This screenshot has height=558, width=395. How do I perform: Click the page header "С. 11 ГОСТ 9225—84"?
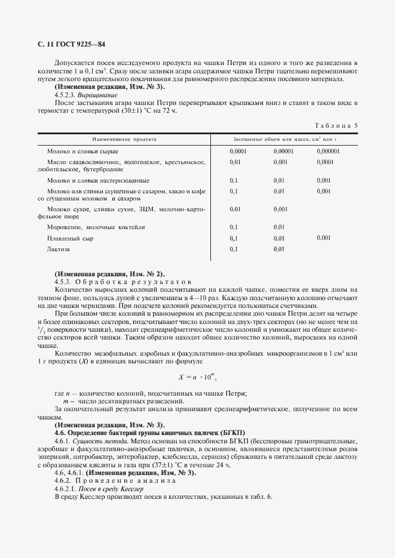(x=68, y=45)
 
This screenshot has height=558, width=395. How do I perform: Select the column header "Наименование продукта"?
(x=124, y=138)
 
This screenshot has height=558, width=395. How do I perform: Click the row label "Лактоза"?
(x=59, y=249)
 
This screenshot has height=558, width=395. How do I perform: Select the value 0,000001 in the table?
(x=328, y=152)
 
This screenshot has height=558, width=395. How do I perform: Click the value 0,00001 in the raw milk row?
(x=284, y=152)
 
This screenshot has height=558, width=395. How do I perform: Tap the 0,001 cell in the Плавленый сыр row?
(x=323, y=238)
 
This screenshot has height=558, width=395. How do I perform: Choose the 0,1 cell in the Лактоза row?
(x=234, y=249)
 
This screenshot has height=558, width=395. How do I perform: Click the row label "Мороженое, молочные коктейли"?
(x=96, y=227)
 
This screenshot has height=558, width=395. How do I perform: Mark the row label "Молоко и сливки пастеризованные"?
(x=98, y=180)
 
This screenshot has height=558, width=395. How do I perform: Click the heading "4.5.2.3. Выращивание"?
(x=86, y=95)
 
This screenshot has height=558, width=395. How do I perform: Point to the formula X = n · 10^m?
(x=197, y=377)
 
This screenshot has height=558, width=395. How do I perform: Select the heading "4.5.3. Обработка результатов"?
(x=122, y=280)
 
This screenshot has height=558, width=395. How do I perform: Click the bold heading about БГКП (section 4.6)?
(x=149, y=432)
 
